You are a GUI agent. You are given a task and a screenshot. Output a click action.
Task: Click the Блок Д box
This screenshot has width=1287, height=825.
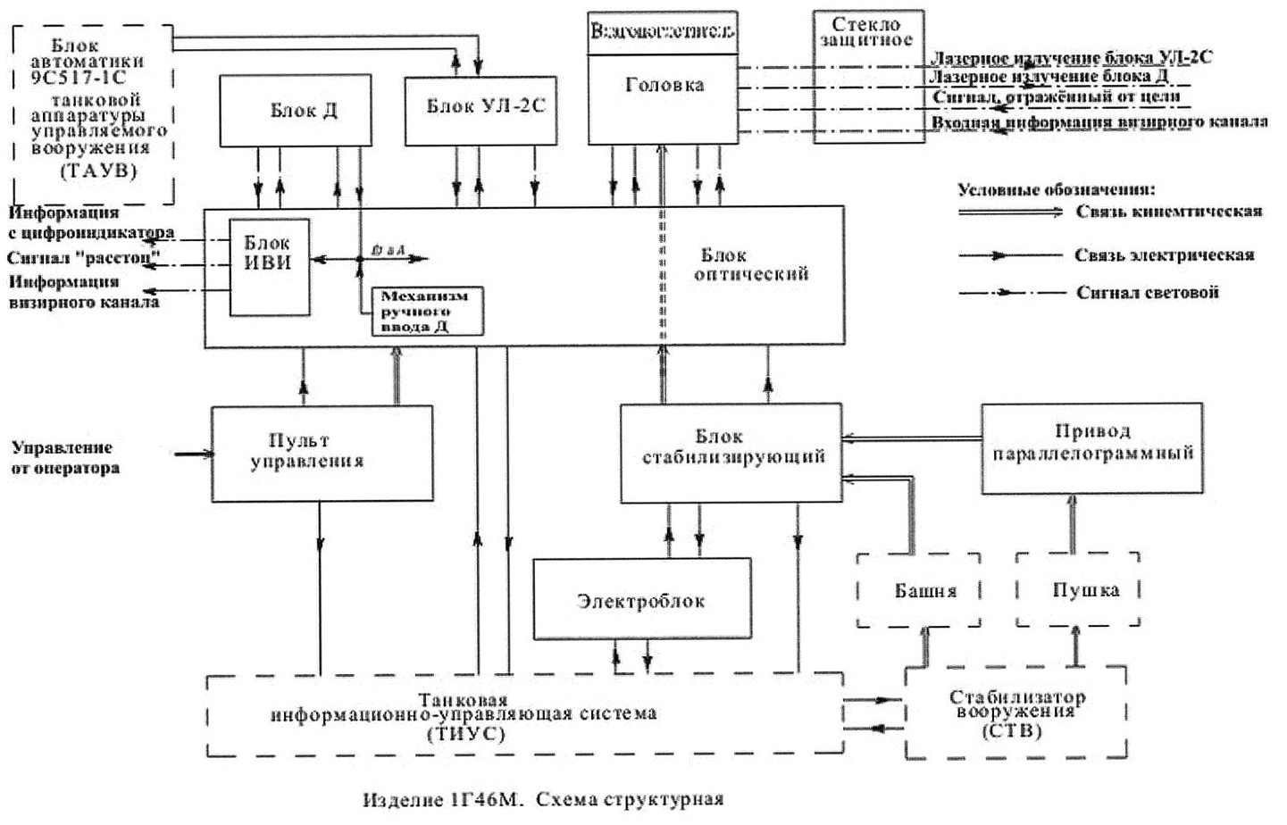(296, 111)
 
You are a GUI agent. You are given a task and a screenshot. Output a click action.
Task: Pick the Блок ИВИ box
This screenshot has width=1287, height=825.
(269, 266)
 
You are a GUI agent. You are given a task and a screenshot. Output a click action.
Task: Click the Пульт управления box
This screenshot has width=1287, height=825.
(322, 453)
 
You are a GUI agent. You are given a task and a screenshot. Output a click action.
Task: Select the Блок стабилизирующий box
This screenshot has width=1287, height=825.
(731, 453)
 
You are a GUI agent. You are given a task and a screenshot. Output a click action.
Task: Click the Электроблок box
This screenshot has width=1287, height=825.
(641, 599)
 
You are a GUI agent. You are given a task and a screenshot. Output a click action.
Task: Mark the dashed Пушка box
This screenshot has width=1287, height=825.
(1078, 589)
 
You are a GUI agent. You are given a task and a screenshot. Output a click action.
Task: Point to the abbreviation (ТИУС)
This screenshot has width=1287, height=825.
(464, 735)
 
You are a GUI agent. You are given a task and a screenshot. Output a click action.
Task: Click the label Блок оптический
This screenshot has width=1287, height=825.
(750, 265)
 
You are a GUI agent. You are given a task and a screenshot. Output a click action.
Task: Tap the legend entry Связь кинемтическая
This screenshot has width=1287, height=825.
(1167, 212)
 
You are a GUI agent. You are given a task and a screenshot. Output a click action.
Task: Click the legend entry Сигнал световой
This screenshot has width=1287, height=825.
(1147, 293)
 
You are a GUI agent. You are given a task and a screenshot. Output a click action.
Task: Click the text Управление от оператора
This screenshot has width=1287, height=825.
(64, 457)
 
